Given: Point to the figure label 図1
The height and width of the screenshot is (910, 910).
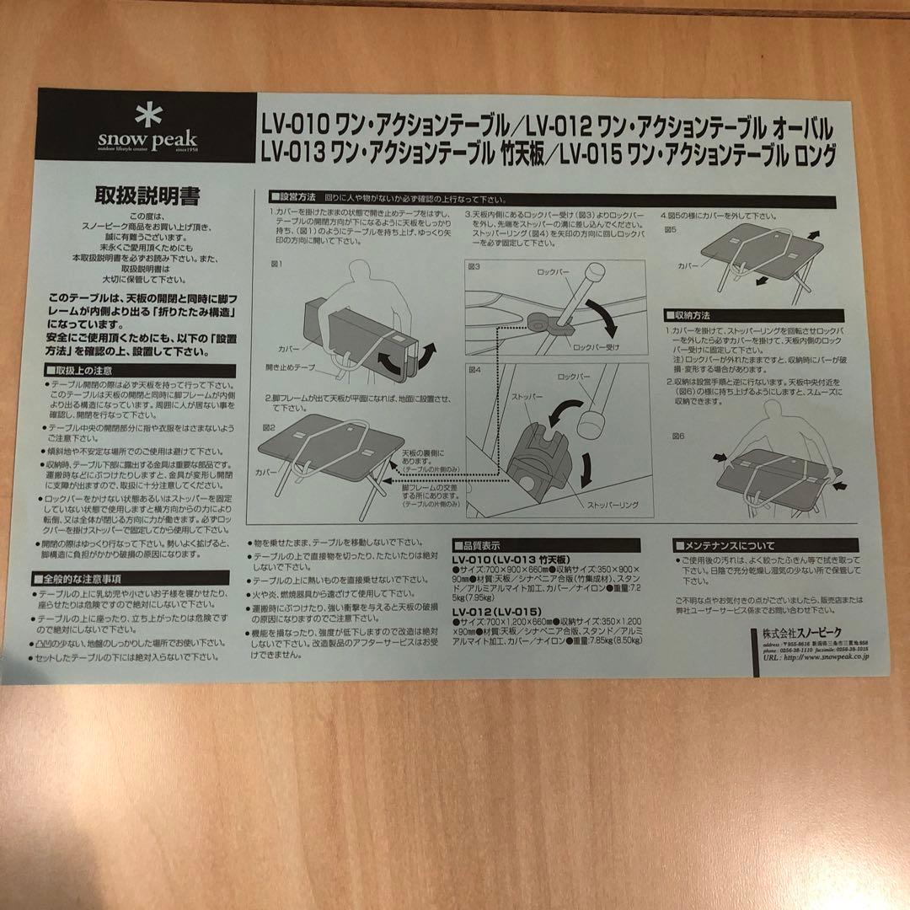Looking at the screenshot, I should (x=276, y=263).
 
